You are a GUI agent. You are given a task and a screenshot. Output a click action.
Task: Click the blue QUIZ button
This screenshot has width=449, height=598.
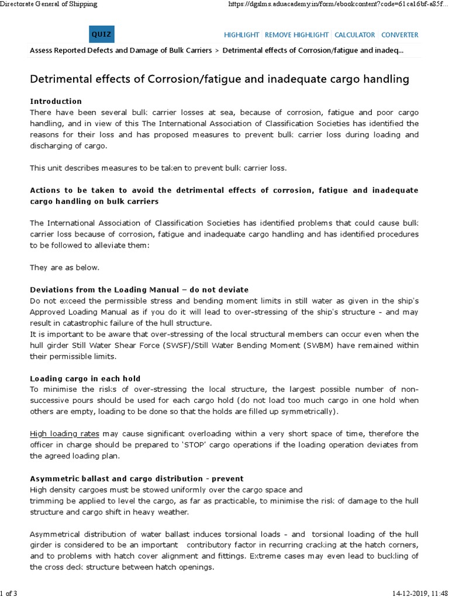point(101,35)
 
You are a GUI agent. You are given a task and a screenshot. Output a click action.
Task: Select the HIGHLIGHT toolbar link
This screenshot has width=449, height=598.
point(242,35)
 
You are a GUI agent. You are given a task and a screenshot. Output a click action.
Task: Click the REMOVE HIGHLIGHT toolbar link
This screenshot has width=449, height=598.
point(298,35)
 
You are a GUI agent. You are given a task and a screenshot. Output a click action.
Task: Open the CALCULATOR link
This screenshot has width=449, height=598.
point(356,35)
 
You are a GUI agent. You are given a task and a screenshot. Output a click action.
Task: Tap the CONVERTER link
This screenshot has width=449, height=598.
point(400,35)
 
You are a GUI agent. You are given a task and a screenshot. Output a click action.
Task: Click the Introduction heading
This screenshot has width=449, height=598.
point(56,101)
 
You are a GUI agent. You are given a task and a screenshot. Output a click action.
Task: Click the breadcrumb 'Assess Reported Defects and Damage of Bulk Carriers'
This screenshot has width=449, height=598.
point(121,50)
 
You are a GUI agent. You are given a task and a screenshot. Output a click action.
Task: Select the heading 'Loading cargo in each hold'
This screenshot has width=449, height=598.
point(85,378)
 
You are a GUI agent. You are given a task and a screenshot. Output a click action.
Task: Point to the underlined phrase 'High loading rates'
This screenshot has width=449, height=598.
point(64,434)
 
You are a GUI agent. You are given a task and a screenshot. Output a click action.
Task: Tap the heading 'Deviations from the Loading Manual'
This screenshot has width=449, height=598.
point(139,290)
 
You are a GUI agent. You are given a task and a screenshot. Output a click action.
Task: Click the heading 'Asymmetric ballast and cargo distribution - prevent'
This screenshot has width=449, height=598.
point(136,478)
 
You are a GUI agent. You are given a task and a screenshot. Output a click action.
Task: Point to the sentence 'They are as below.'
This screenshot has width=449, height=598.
point(65,267)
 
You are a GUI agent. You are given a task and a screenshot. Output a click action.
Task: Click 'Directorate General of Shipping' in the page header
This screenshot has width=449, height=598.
point(49,4)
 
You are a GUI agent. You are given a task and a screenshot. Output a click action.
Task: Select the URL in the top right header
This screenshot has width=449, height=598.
point(339,4)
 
